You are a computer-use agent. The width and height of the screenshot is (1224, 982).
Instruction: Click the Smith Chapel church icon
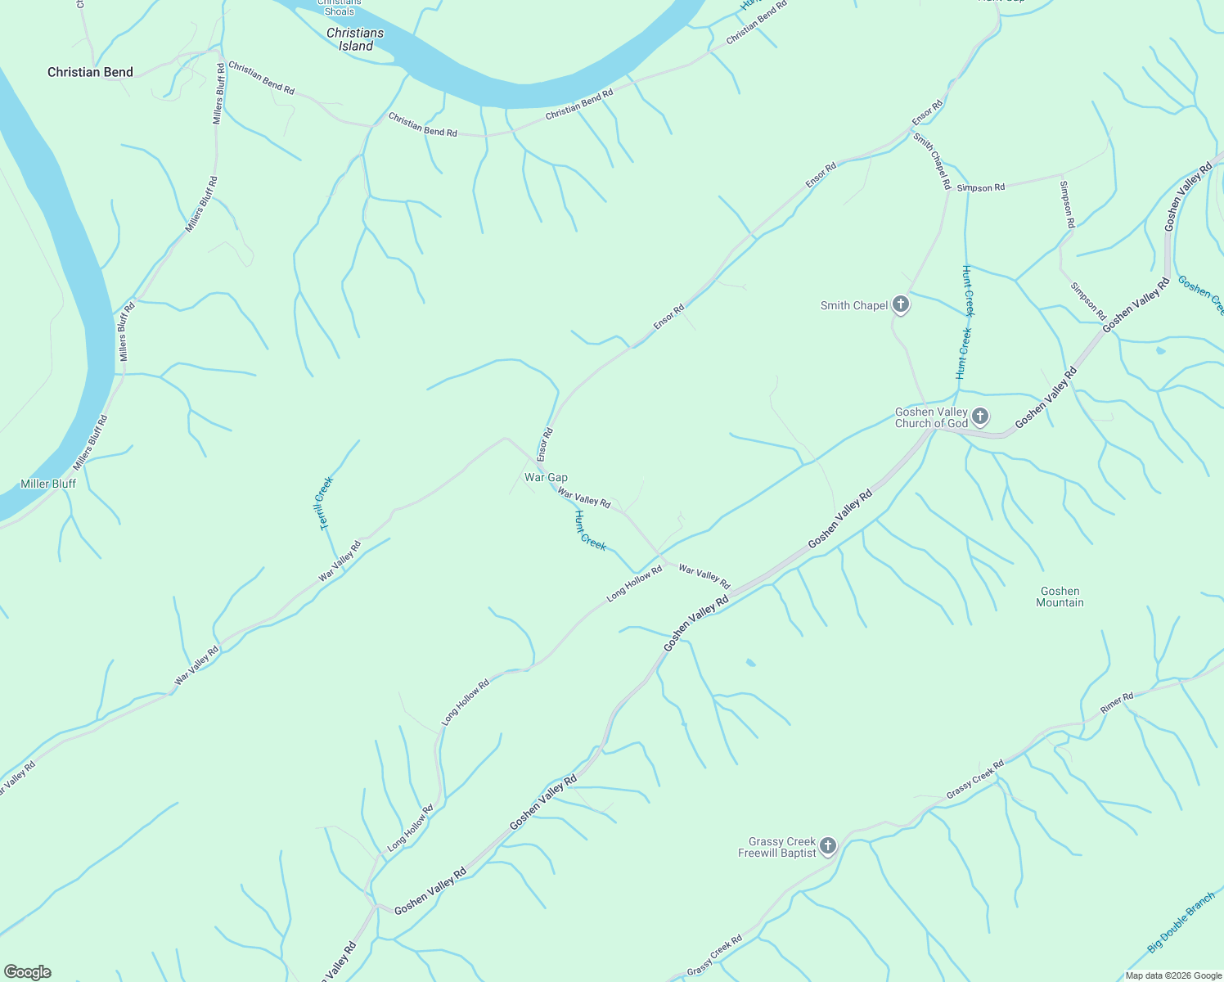900,305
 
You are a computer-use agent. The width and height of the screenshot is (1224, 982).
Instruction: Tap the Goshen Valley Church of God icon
979,417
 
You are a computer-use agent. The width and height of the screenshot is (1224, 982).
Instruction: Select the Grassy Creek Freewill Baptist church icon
827,846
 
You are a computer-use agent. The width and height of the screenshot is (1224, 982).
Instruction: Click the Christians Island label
355,39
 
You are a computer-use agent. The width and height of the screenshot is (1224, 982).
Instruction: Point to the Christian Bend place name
90,72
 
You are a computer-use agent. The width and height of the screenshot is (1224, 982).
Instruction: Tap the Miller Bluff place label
48,484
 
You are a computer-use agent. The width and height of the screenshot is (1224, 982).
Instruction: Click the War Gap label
546,477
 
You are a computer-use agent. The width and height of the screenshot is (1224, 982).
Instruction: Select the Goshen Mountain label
1060,597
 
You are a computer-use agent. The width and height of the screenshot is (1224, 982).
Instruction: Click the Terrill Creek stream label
325,503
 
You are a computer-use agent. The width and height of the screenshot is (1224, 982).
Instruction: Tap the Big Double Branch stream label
1181,923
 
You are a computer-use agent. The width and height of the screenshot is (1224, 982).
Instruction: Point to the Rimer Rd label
1117,702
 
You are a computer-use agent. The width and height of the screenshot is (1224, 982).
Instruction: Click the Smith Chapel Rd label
932,161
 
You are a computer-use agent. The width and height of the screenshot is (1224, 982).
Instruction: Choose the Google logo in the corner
27,972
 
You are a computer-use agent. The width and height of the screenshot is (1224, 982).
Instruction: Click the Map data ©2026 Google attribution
1173,975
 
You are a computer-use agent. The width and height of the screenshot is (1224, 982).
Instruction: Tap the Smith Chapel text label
854,305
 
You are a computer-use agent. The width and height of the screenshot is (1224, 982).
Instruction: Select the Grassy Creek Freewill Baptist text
777,847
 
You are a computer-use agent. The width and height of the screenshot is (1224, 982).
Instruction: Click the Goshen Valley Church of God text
931,417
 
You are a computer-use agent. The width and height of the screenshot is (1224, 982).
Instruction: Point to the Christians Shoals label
339,7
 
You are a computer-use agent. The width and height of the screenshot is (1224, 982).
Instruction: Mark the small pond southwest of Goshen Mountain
751,662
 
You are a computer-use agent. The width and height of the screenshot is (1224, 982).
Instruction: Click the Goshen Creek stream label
1201,295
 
